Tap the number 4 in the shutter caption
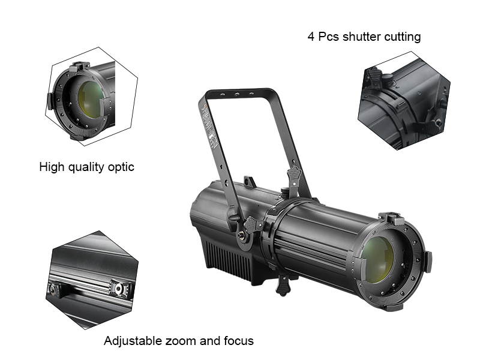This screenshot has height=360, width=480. [x=311, y=37]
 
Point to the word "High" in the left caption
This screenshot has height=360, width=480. [x=52, y=167]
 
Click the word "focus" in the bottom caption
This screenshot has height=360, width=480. [x=238, y=341]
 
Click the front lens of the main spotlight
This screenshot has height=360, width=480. [x=378, y=259]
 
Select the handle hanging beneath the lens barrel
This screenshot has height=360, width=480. [x=284, y=286]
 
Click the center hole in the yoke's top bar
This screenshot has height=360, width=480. [x=237, y=94]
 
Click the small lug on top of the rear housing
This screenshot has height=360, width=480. [x=250, y=181]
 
